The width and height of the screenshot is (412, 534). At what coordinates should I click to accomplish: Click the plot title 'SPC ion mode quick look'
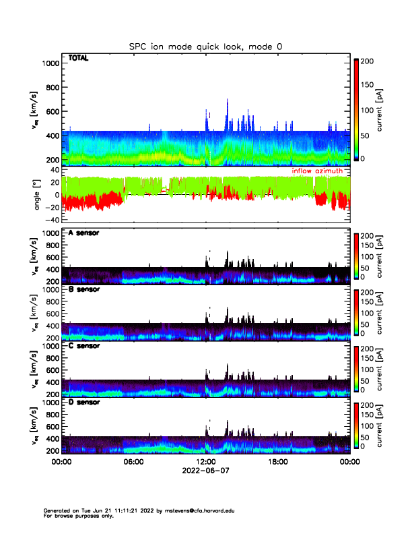(205, 47)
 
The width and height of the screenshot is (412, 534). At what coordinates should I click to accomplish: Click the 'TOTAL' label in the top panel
(79, 59)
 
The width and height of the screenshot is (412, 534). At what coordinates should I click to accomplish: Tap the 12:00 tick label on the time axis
(205, 463)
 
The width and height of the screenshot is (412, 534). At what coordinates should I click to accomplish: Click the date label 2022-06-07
(205, 472)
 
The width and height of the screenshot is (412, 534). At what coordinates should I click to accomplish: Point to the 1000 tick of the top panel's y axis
(51, 63)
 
